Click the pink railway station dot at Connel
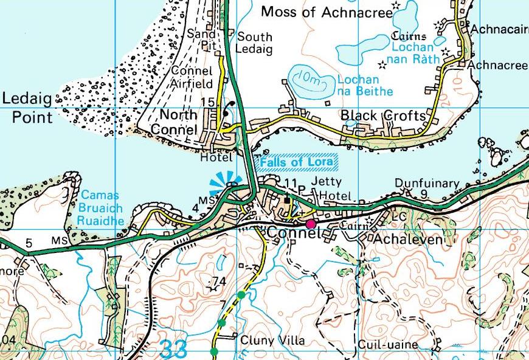pos(311,224)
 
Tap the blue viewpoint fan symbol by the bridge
pos(225,184)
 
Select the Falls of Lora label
pos(299,163)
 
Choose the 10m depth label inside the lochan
pos(306,78)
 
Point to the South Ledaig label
pos(254,42)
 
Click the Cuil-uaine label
pos(388,345)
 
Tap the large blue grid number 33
pos(175,350)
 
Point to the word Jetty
pos(322,182)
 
